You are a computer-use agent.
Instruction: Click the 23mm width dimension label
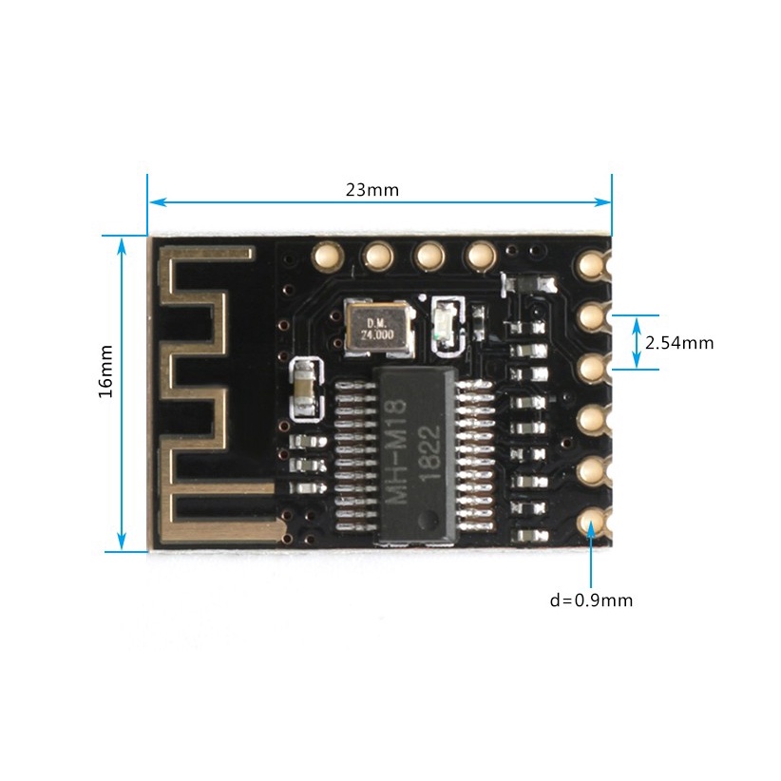pos(371,189)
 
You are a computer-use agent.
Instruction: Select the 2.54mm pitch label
pos(678,343)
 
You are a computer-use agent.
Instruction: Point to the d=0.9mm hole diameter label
pos(591,600)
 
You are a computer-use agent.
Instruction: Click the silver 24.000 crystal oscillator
pos(377,329)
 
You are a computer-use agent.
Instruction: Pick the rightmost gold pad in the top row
pos(481,255)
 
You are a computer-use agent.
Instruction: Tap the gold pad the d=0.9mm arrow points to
pos(592,522)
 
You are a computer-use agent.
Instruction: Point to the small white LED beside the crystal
pos(444,324)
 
